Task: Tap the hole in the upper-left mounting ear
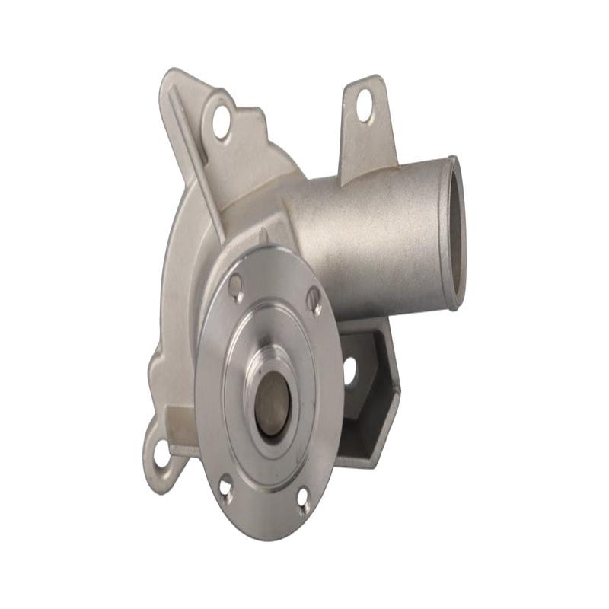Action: (x=222, y=122)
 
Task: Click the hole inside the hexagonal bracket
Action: (x=350, y=371)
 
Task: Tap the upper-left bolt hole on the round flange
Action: (x=236, y=285)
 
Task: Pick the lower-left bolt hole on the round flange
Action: (x=226, y=486)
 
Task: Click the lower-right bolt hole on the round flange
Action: (x=303, y=499)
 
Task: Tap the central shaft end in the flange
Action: (x=272, y=403)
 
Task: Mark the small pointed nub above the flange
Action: (x=263, y=236)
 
